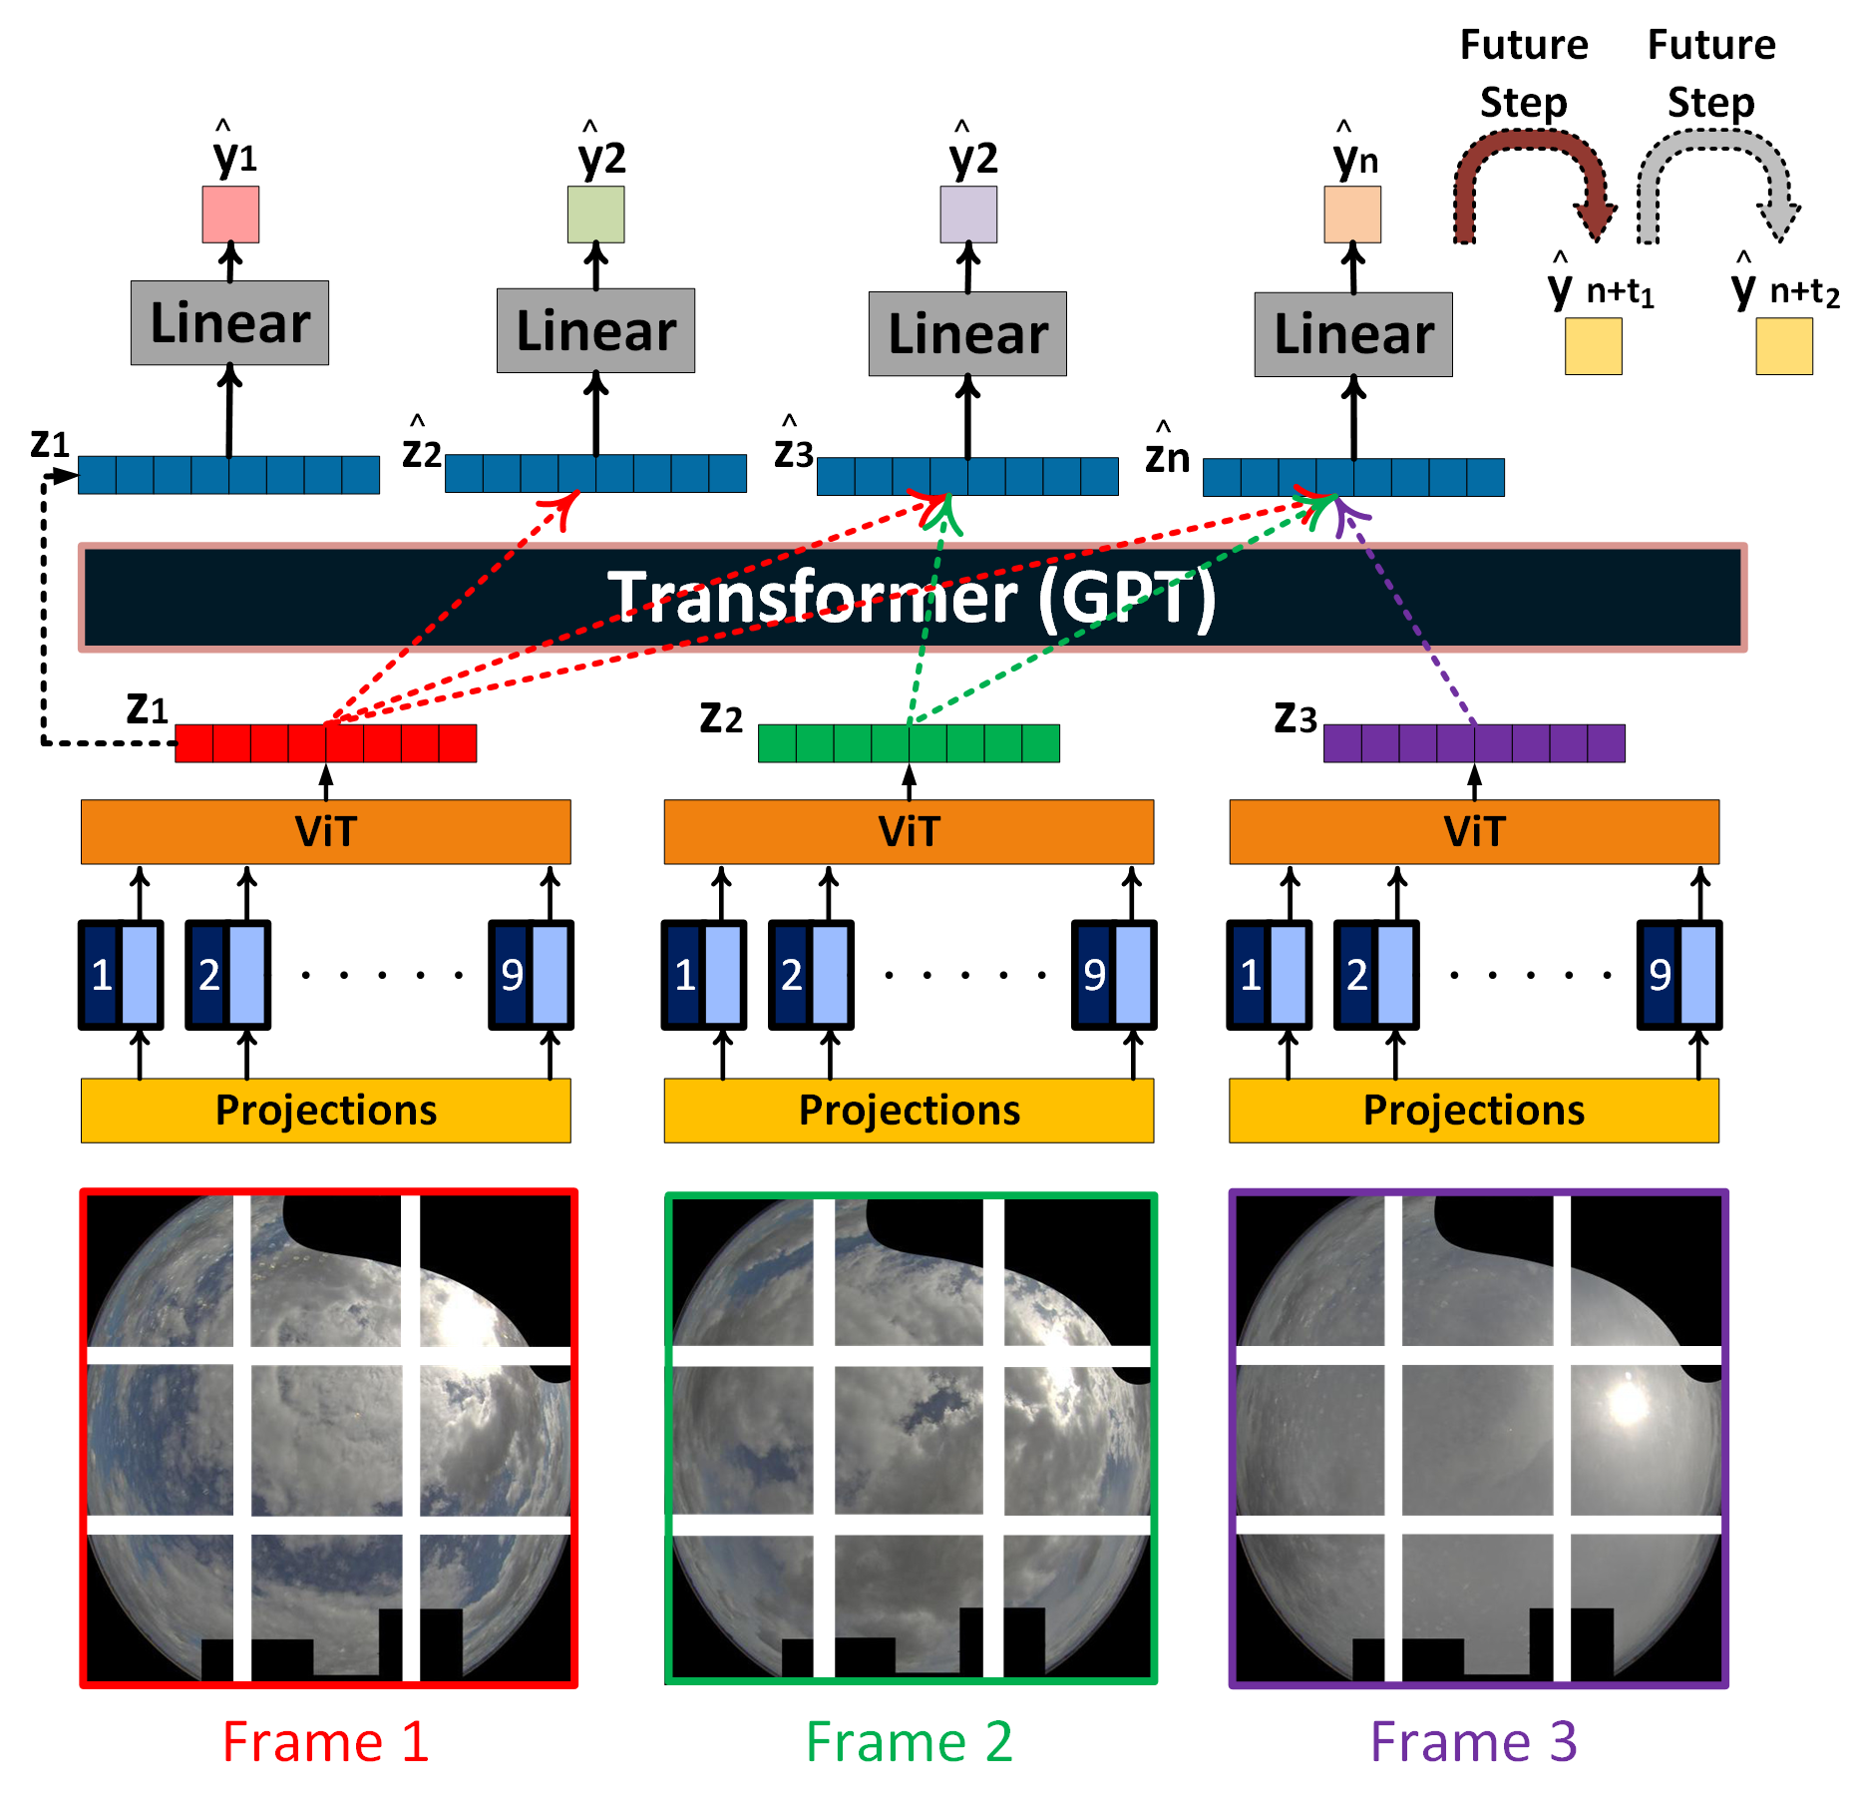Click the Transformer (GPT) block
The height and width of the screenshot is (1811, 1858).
pyautogui.click(x=912, y=598)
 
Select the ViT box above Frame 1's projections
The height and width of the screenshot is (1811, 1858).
pyautogui.click(x=325, y=831)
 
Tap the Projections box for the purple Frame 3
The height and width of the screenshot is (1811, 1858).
pyautogui.click(x=1473, y=1110)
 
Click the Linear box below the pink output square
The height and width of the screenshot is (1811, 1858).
pyautogui.click(x=229, y=322)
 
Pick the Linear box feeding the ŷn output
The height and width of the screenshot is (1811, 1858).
pyautogui.click(x=1352, y=333)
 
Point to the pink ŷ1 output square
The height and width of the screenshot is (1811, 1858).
pyautogui.click(x=230, y=214)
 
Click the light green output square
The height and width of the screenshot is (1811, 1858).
pyautogui.click(x=595, y=214)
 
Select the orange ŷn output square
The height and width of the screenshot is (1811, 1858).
pyautogui.click(x=1351, y=214)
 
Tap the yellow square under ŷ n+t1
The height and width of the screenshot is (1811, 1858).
pyautogui.click(x=1593, y=346)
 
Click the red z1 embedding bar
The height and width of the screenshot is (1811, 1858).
pyautogui.click(x=325, y=743)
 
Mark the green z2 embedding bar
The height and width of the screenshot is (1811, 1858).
pyautogui.click(x=909, y=743)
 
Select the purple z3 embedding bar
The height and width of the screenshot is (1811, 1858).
pyautogui.click(x=1473, y=743)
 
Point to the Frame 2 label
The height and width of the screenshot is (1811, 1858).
pyautogui.click(x=909, y=1742)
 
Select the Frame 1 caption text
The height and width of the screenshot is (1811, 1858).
pyautogui.click(x=325, y=1742)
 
